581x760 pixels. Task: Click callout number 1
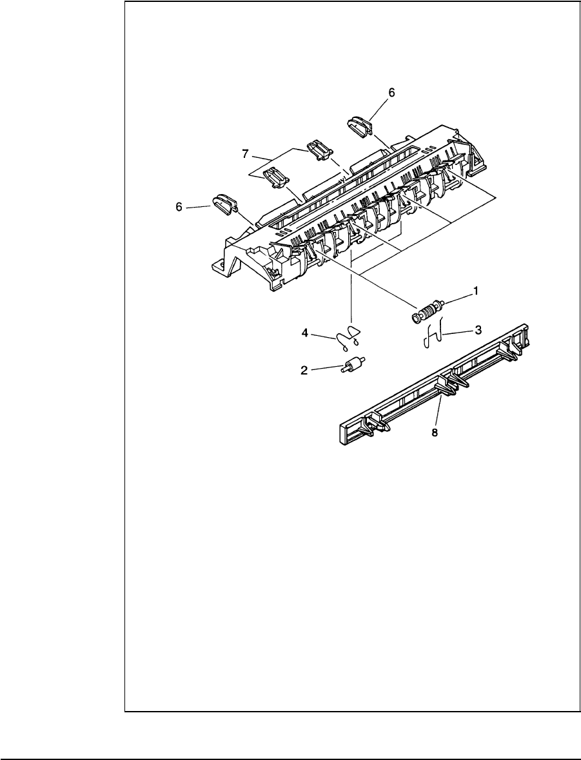pyautogui.click(x=476, y=291)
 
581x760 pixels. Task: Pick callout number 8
pyautogui.click(x=434, y=433)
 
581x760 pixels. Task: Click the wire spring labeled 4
pyautogui.click(x=349, y=335)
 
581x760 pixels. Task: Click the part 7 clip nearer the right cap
pyautogui.click(x=319, y=150)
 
